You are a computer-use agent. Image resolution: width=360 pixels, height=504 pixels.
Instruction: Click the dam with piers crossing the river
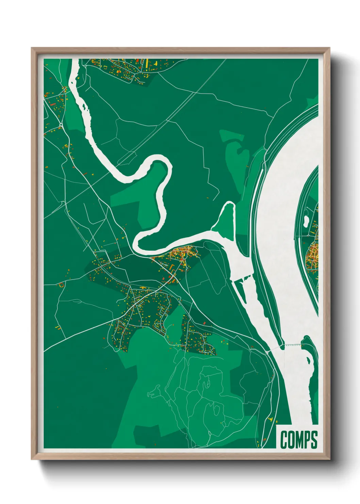coord(293,345)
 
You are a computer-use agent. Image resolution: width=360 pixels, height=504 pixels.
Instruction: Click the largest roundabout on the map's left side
coord(61,125)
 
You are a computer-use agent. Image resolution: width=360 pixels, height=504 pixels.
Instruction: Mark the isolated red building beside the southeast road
coord(204,323)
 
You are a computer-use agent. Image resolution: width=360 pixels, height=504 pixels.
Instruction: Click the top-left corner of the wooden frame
coord(32,48)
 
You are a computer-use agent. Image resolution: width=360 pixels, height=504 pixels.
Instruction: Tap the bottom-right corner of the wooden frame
coord(329,459)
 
